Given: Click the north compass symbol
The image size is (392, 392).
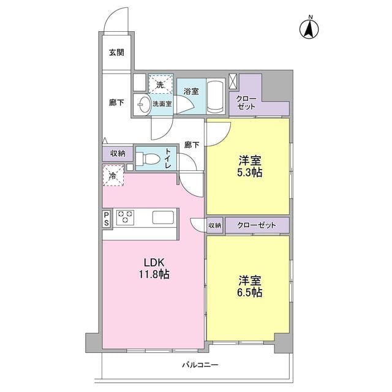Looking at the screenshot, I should click(x=310, y=27).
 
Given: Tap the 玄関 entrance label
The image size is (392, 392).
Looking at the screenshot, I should click(x=116, y=53).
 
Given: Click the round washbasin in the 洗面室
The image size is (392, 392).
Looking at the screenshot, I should click(x=144, y=104).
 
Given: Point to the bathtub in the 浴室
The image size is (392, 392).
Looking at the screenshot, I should click(x=216, y=97).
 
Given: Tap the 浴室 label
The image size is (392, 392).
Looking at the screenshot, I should click(x=190, y=91).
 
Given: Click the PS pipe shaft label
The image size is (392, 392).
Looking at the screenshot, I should click(x=107, y=219).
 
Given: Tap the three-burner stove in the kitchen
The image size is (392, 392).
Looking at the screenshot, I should click(x=126, y=216).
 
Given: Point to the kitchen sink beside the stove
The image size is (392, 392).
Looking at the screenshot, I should click(x=163, y=217).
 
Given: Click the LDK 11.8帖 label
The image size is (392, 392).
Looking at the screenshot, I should click(x=153, y=269).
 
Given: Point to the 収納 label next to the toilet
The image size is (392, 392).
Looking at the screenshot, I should click(x=118, y=153).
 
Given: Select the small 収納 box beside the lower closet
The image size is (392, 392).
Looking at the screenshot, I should click(x=214, y=225).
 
